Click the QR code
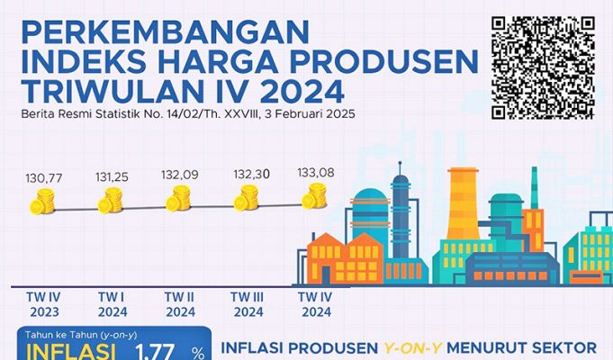pos(545,67)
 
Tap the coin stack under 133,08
pos(314,194)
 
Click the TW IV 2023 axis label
pos(40,304)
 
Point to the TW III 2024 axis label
pos(247,304)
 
